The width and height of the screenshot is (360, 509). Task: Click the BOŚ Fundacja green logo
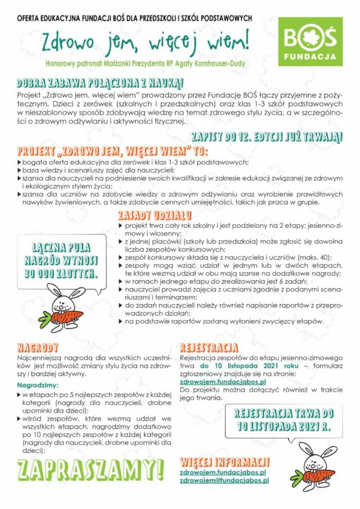coord(310,42)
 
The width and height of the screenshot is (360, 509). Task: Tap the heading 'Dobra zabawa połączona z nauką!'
coord(101,83)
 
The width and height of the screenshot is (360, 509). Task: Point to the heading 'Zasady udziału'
coord(155,215)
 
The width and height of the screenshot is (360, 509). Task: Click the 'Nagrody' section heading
coord(38,346)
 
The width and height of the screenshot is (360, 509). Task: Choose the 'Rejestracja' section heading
coord(209,346)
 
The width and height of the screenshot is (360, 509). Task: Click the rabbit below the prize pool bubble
coord(65,307)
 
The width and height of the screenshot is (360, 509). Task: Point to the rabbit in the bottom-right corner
coord(318,465)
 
